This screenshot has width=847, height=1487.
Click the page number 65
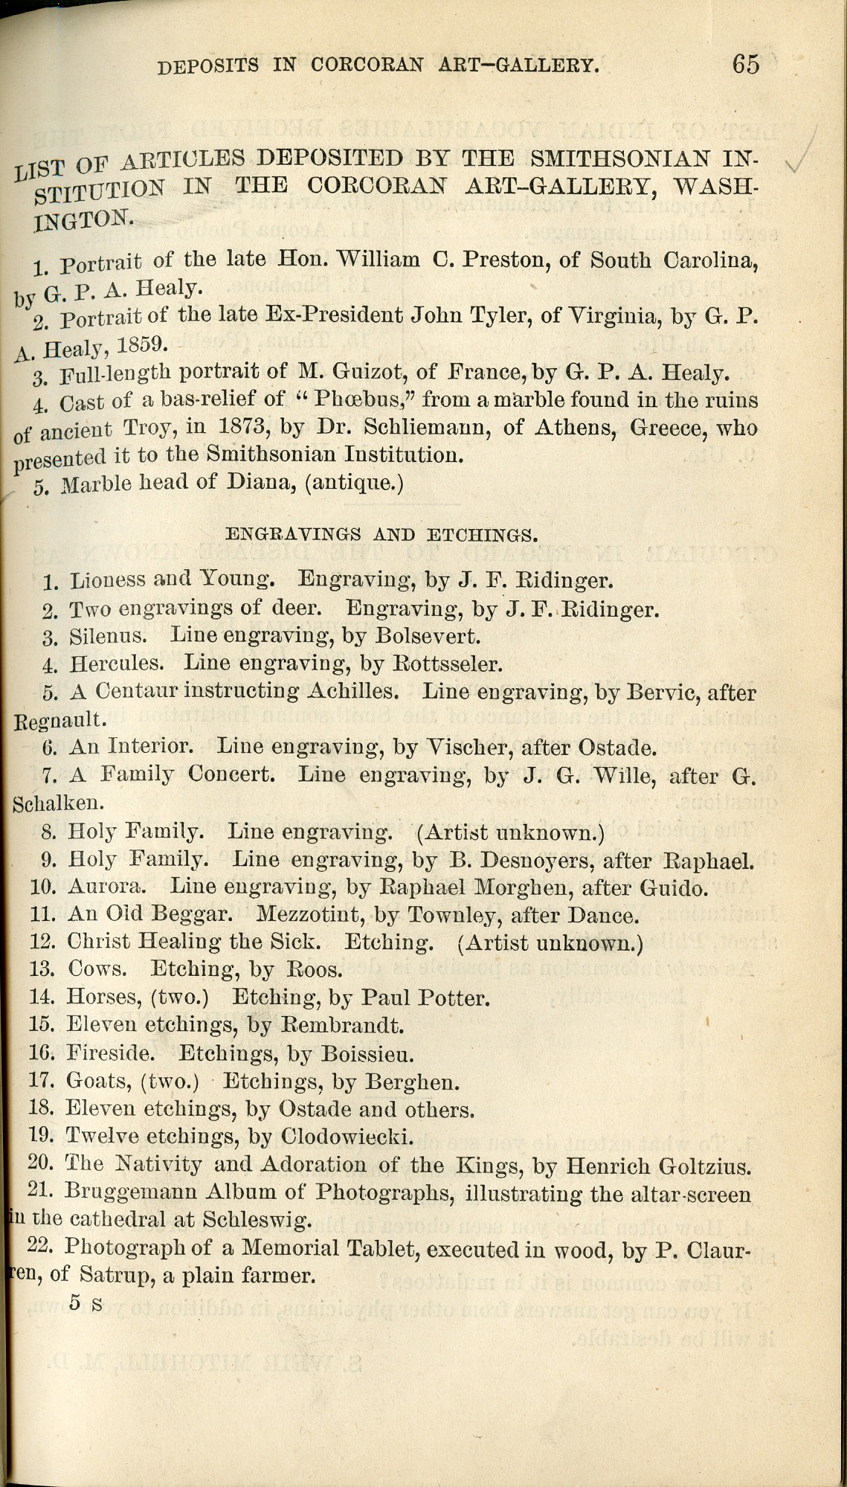click(x=745, y=64)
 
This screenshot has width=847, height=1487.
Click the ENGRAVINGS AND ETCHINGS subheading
click(x=381, y=534)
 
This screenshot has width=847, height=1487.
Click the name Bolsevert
click(x=428, y=636)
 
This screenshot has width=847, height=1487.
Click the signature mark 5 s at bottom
click(x=86, y=1303)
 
